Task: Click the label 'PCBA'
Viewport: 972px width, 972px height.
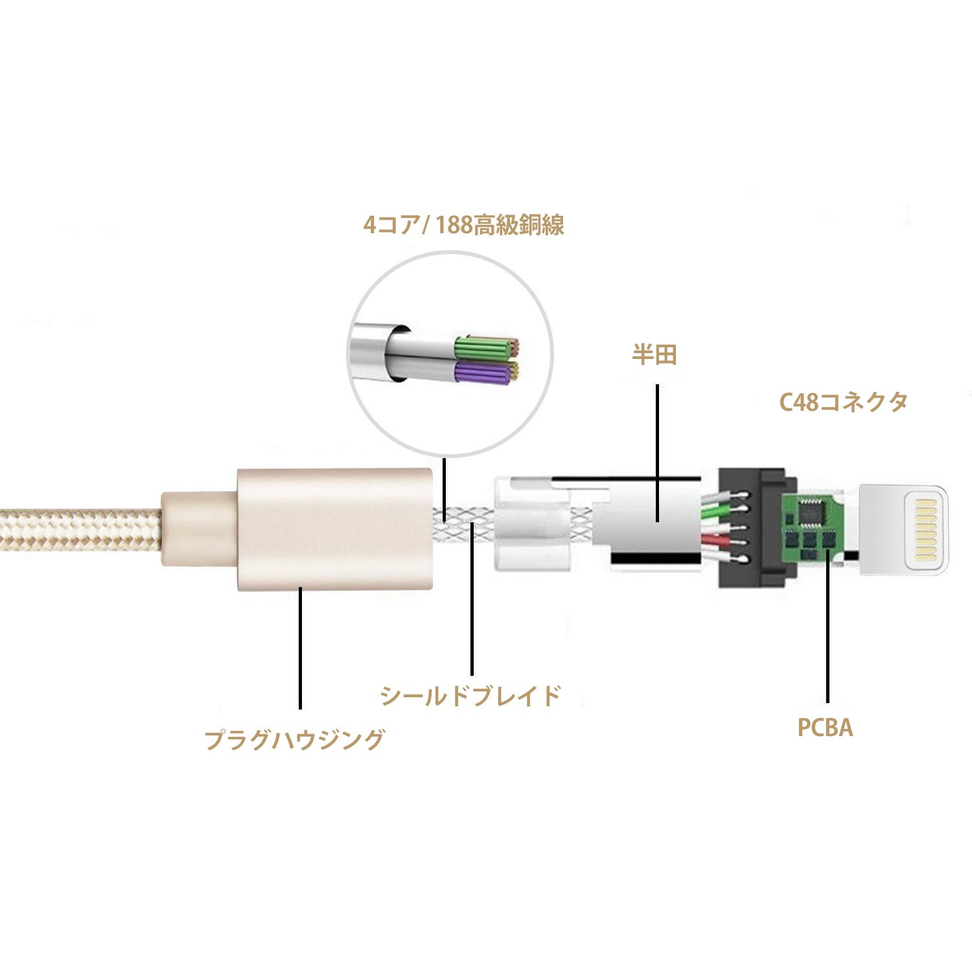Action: (825, 728)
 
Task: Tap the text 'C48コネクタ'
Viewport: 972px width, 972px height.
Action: (843, 402)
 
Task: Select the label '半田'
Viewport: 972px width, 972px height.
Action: (654, 355)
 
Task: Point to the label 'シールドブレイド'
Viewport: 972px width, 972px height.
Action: (470, 695)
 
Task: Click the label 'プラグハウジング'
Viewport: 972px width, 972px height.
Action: (295, 739)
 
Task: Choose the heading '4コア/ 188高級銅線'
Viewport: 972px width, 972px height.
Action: (464, 225)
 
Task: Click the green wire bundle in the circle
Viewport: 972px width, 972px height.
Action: (481, 348)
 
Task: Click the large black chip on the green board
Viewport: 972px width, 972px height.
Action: (809, 512)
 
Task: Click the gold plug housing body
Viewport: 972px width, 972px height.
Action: (334, 528)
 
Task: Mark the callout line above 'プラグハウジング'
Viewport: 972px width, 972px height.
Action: (300, 648)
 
